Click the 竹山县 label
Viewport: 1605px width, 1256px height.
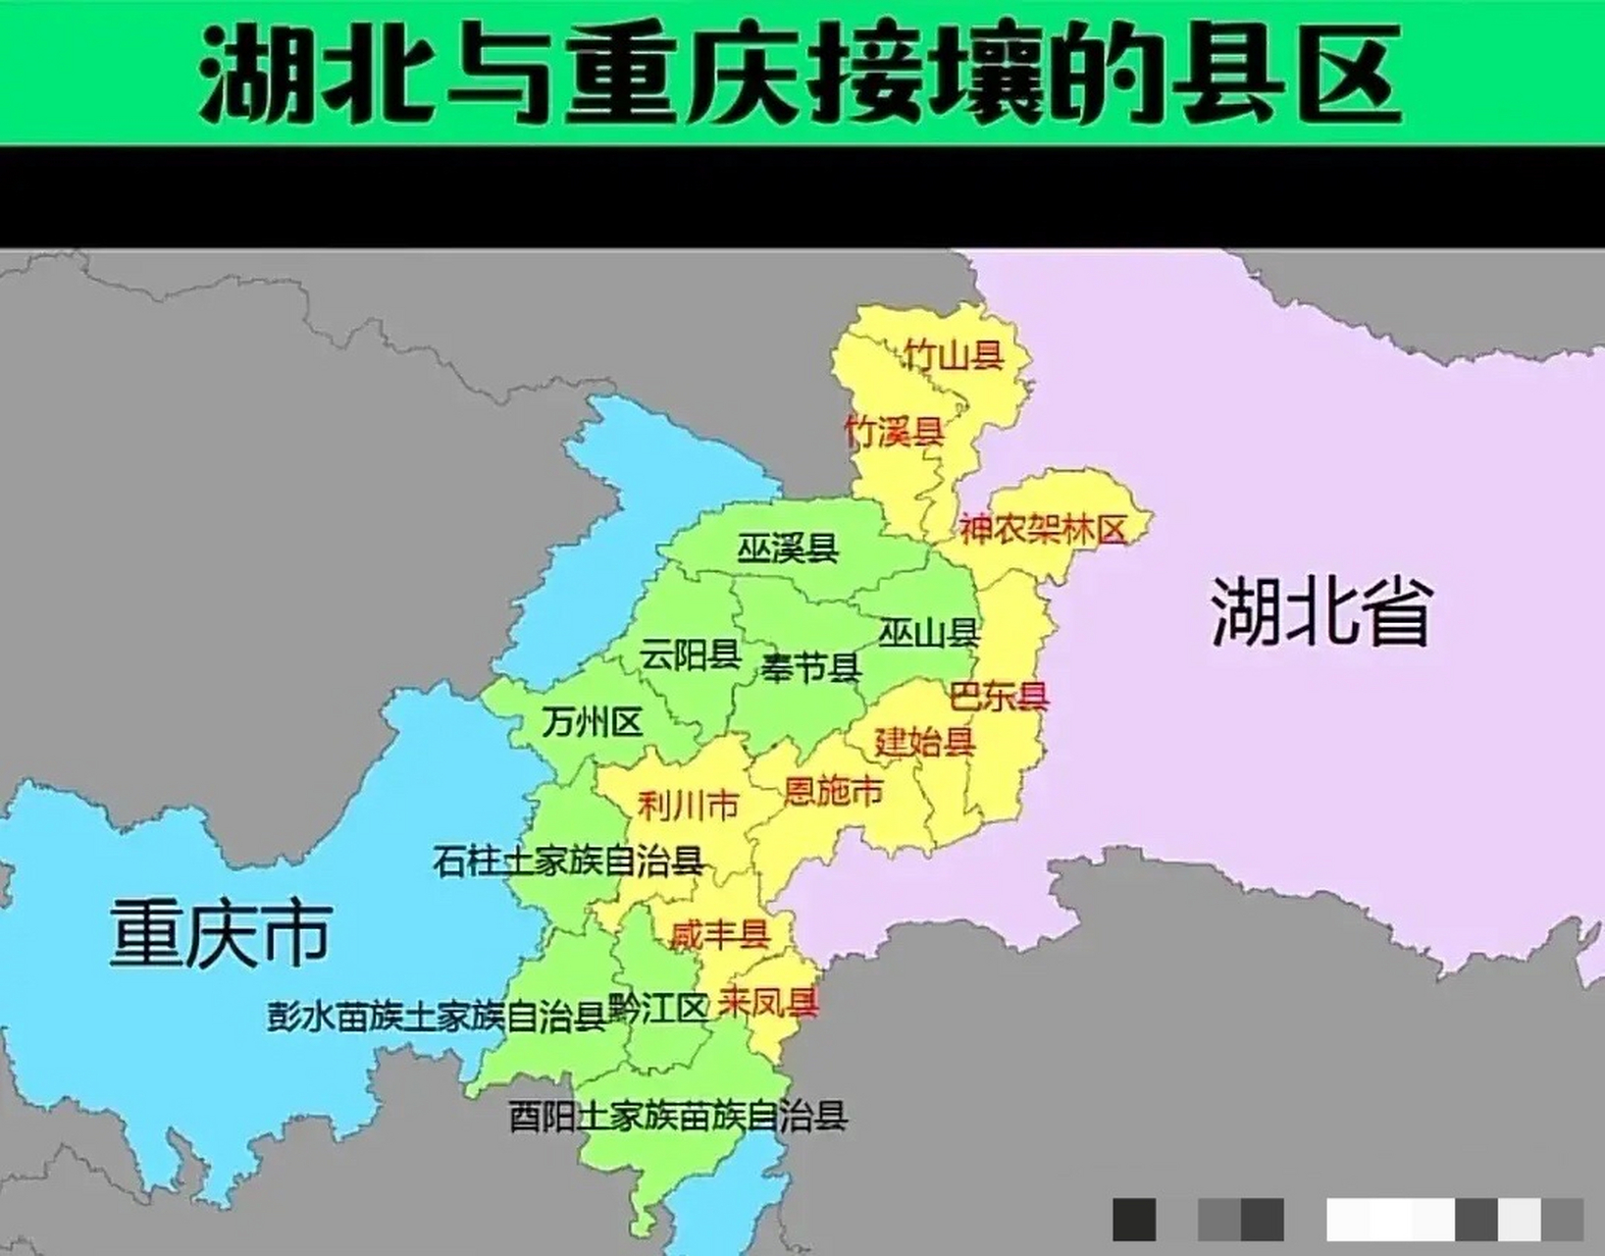coord(954,354)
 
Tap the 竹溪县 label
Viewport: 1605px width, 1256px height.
coord(894,431)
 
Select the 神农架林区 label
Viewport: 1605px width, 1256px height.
coord(1042,530)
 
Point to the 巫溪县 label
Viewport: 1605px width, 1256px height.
coord(788,549)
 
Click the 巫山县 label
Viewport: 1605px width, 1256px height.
coord(928,633)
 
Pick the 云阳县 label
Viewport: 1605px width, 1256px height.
coord(690,654)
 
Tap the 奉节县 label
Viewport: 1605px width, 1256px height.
coord(810,668)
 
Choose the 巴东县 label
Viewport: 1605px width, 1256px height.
coord(999,696)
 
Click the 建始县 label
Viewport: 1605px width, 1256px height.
coord(924,741)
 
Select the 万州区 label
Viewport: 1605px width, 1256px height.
coord(592,723)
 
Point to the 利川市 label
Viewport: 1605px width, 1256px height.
coord(688,807)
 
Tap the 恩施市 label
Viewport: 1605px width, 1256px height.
coord(833,791)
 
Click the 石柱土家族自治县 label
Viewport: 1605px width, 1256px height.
coord(569,862)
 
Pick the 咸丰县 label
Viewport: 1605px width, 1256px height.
coord(719,934)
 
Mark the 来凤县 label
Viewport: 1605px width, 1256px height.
coord(768,1003)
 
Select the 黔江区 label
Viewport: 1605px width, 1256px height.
coord(658,1008)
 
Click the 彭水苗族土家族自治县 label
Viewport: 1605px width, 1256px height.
coord(437,1017)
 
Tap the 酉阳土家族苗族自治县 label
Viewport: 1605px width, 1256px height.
coord(678,1117)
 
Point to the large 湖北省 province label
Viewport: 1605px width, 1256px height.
coord(1321,612)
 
